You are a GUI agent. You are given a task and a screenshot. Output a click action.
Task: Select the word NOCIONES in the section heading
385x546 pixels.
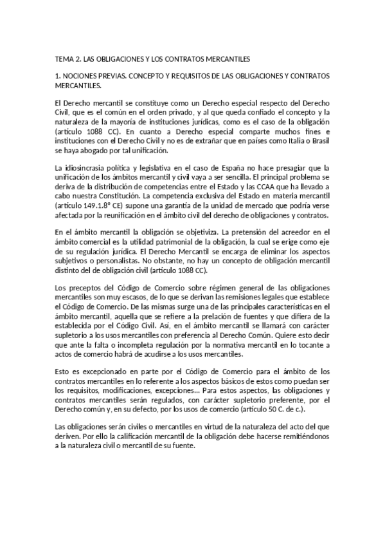[82, 76]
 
